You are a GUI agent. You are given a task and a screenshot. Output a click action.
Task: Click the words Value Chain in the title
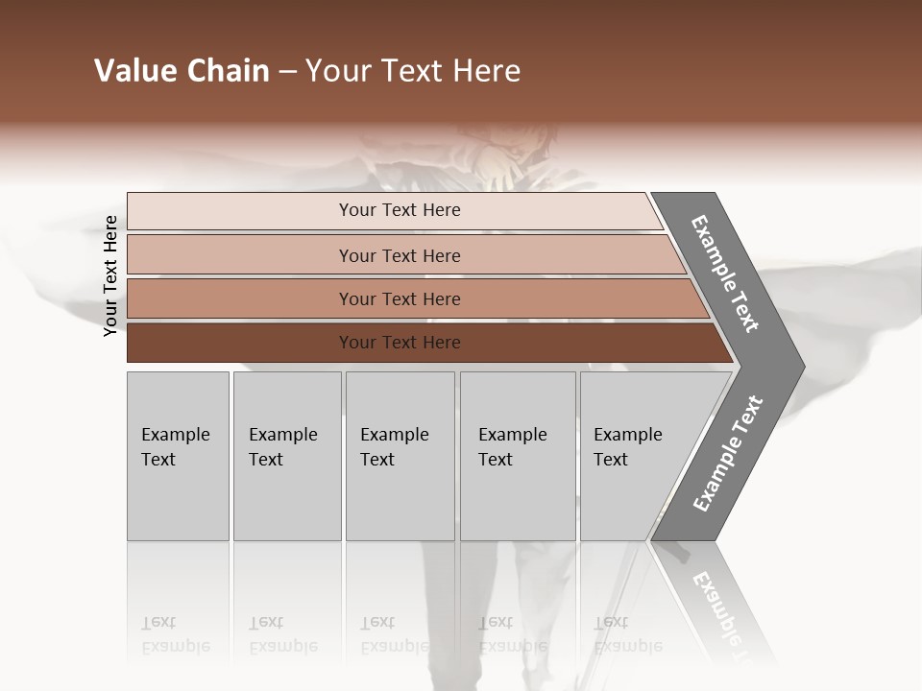click(x=182, y=71)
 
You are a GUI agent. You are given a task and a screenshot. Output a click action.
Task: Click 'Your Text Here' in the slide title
click(x=413, y=71)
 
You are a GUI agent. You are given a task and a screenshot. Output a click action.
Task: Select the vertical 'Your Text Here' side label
click(x=110, y=276)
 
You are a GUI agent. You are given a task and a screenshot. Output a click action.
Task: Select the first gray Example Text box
click(x=178, y=499)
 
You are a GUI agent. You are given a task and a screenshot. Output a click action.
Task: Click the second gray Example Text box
click(x=287, y=499)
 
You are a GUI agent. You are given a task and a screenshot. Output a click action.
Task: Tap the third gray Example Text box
click(x=400, y=499)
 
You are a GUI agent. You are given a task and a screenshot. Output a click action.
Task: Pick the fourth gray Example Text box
click(x=518, y=499)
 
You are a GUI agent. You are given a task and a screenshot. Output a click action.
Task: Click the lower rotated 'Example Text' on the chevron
click(x=728, y=454)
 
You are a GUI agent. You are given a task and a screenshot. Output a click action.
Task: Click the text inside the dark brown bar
click(x=400, y=343)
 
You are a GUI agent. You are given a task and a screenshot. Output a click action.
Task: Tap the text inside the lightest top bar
click(x=400, y=210)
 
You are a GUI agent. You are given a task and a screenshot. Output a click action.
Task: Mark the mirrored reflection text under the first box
click(x=175, y=635)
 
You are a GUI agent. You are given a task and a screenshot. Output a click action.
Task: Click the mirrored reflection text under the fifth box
click(x=627, y=635)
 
